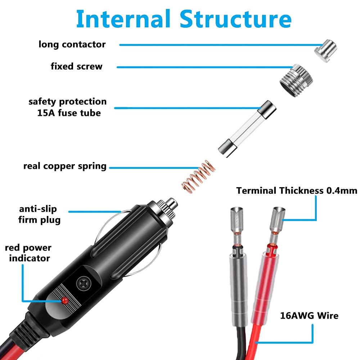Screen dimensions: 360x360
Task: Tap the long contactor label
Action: tap(72, 45)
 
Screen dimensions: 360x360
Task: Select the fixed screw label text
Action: tap(76, 67)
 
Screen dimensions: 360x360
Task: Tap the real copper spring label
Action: tap(65, 166)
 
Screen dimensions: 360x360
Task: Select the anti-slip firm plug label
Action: tap(39, 214)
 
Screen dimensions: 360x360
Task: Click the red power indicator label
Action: tap(28, 253)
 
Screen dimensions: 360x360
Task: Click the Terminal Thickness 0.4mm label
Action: tap(297, 191)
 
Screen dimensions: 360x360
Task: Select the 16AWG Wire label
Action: tap(309, 316)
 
